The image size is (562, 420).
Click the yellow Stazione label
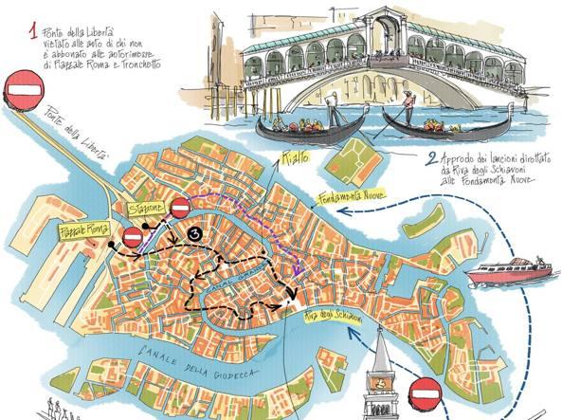[x=150, y=207]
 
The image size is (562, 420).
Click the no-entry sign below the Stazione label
[x=133, y=237]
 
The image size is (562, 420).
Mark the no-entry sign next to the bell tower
[x=425, y=389]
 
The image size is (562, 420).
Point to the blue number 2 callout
[x=431, y=159]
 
